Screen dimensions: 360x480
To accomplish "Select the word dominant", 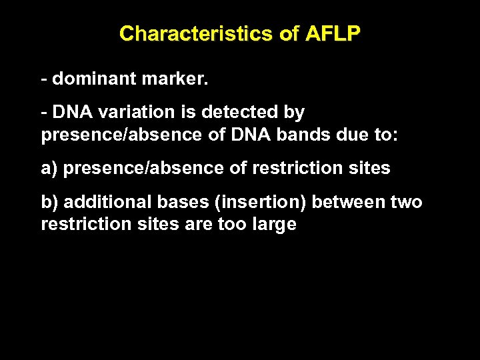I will click(95, 79).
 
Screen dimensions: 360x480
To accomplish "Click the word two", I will click(407, 201).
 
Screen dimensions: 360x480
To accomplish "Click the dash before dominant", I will click(44, 79).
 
